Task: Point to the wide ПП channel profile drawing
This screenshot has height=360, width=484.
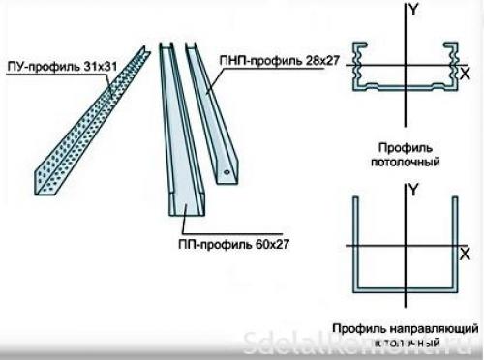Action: [179, 135]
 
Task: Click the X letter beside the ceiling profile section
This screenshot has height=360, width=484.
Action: [466, 74]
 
